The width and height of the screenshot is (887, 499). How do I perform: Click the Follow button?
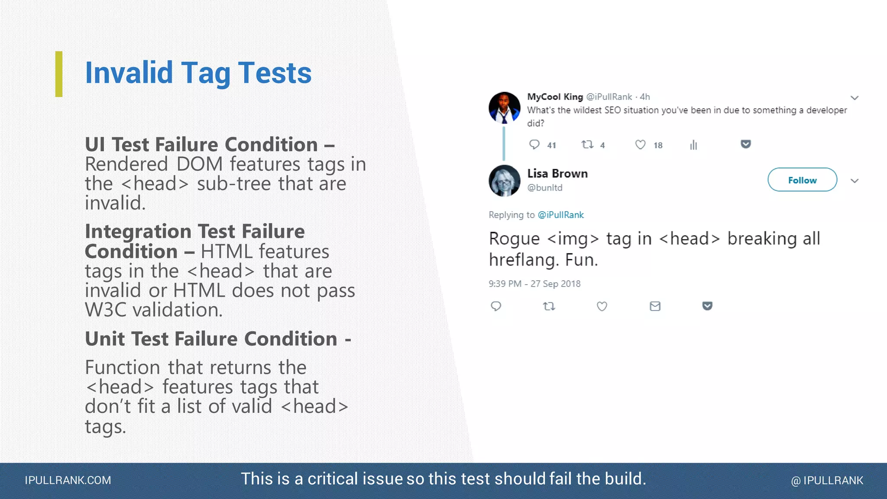click(802, 180)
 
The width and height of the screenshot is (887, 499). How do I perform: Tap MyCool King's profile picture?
click(504, 107)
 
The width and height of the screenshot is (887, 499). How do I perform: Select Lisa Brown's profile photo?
click(504, 181)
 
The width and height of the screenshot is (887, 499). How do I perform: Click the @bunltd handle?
click(545, 188)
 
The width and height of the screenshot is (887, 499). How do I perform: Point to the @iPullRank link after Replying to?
click(560, 215)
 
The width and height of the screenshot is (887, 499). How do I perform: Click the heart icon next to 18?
click(640, 145)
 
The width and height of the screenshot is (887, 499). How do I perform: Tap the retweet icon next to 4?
click(587, 145)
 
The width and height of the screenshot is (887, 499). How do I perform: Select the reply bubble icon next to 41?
click(534, 145)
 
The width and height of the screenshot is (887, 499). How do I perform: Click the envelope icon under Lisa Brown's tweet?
click(655, 306)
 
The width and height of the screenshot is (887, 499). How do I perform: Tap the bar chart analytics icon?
click(693, 145)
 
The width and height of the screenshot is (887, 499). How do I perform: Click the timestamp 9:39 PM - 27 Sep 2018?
click(534, 284)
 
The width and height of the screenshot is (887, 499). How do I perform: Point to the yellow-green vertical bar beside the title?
click(59, 74)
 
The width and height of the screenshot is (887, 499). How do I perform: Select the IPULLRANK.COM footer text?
click(68, 480)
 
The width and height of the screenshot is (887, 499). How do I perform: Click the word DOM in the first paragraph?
click(199, 164)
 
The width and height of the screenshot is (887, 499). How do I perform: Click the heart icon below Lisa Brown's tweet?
click(602, 306)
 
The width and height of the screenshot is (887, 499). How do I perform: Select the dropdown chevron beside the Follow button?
click(854, 181)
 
